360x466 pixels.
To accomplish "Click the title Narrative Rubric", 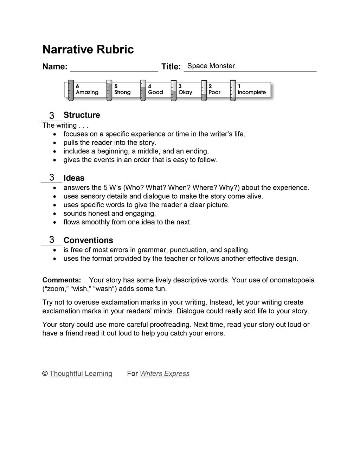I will tap(88, 50).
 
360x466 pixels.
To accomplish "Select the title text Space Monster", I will tap(211, 66).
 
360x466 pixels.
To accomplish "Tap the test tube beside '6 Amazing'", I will tap(71, 91).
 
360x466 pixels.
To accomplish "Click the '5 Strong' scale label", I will tap(122, 89).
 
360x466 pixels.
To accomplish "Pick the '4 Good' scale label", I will tap(155, 89).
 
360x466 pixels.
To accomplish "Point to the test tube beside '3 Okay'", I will tap(173, 91).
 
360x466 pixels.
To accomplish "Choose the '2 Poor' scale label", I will tap(214, 89).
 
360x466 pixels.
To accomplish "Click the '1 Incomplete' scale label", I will tap(251, 89).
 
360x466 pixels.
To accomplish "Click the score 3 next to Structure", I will tap(52, 115).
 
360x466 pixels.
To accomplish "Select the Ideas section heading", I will tap(74, 178).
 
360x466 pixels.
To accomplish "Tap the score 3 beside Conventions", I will tap(52, 240).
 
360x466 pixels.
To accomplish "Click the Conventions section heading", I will tap(88, 241).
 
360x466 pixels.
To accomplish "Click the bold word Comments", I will tap(62, 280).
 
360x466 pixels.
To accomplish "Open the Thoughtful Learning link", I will tap(81, 374).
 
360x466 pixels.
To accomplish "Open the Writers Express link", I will tap(165, 374).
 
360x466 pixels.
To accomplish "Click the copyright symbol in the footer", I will tap(45, 374).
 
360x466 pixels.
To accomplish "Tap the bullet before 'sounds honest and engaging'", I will tap(54, 214).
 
